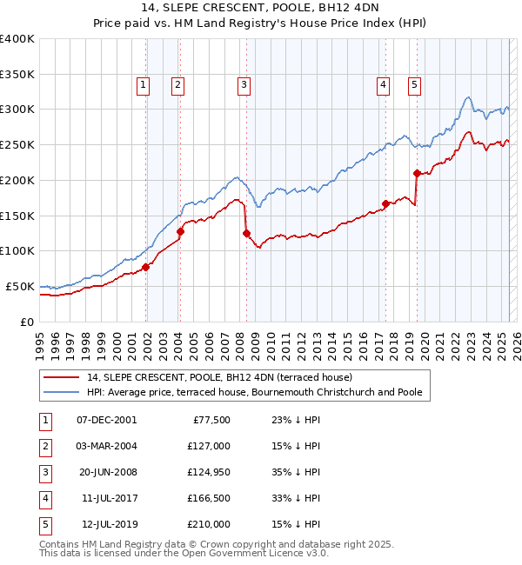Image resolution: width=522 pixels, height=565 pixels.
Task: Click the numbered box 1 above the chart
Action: tap(142, 85)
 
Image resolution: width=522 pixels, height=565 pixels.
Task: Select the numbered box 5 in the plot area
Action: tap(413, 85)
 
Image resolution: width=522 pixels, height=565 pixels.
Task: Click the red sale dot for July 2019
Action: tap(417, 173)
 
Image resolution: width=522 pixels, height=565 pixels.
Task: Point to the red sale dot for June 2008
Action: tap(246, 233)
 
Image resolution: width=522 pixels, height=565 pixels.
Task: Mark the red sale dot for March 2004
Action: tap(180, 231)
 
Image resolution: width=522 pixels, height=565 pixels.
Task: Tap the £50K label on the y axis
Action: tap(20, 286)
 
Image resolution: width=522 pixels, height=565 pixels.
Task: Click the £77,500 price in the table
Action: tap(211, 420)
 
